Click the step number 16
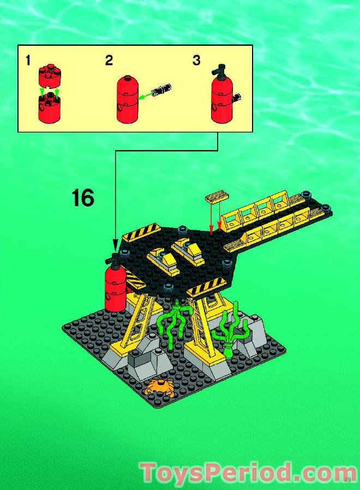82,198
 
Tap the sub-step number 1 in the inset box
27,60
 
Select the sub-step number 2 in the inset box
109,60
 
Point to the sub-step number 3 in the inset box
196,60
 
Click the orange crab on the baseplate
159,388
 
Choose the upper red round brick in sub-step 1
48,74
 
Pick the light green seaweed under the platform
173,325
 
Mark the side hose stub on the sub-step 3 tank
238,98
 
